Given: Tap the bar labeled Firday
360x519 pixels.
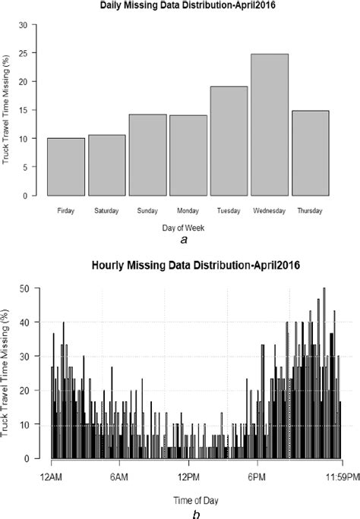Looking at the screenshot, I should click(66, 167).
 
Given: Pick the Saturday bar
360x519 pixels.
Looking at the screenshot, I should click(107, 165).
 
